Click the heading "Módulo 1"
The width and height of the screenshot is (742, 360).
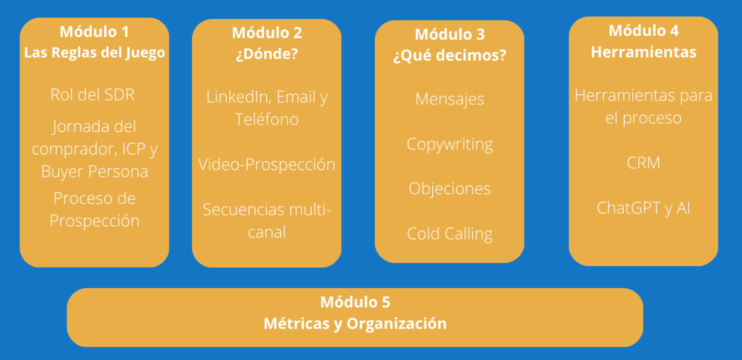tap(94, 31)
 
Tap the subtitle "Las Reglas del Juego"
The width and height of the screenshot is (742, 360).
tap(94, 52)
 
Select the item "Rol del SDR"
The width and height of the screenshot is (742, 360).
tap(93, 94)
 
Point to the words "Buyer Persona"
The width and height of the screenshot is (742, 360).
tap(94, 171)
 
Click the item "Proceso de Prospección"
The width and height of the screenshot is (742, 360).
tap(94, 209)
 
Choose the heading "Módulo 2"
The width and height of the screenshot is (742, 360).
tap(267, 33)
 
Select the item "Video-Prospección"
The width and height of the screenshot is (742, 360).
tap(267, 164)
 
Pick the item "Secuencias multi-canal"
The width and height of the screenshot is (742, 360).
tap(267, 220)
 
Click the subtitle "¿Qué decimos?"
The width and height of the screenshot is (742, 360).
tap(449, 56)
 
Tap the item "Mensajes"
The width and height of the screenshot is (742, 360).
tap(449, 99)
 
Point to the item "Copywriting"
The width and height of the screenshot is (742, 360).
tap(449, 144)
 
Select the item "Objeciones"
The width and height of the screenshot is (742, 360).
tap(449, 188)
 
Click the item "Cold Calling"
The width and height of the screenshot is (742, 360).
tap(449, 233)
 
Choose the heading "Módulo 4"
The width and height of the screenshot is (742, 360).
tap(644, 30)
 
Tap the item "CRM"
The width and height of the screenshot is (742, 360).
tap(644, 163)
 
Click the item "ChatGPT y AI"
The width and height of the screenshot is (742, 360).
tap(644, 208)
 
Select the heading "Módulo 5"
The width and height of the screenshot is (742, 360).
tap(355, 302)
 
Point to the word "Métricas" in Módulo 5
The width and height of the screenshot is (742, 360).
tap(296, 323)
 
